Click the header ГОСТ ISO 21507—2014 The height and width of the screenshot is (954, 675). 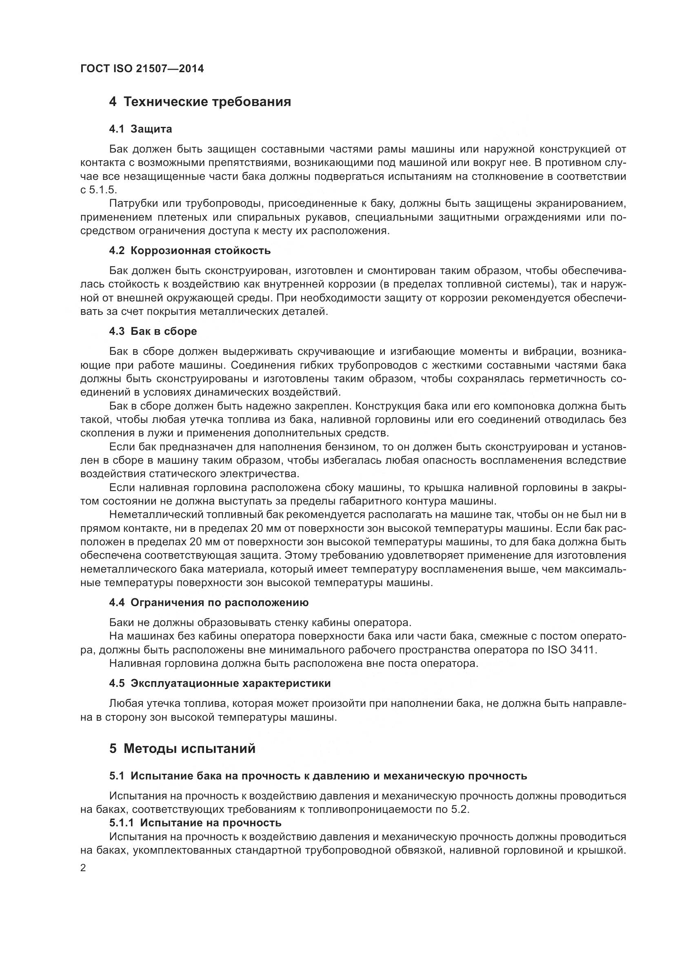click(142, 69)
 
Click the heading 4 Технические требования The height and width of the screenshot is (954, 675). click(200, 102)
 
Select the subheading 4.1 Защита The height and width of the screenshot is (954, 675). click(140, 129)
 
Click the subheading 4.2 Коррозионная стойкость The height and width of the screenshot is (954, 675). click(189, 250)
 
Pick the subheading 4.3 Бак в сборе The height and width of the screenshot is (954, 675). click(153, 331)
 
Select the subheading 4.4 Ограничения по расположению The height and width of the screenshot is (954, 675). click(209, 602)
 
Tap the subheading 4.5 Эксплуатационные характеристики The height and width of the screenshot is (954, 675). click(220, 684)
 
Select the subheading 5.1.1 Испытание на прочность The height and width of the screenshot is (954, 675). click(195, 823)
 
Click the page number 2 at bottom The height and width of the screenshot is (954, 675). click(83, 868)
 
